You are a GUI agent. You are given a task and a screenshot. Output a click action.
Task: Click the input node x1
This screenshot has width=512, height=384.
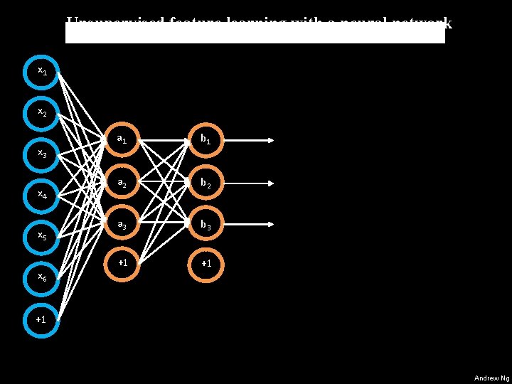tap(42, 71)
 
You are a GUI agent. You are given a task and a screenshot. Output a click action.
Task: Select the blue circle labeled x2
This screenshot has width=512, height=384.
tap(42, 112)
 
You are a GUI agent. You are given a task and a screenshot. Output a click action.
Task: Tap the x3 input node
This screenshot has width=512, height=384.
tap(42, 153)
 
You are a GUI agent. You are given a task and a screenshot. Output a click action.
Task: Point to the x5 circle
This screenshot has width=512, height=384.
tap(42, 235)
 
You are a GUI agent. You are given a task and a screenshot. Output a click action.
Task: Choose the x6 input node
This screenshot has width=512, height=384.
tap(42, 276)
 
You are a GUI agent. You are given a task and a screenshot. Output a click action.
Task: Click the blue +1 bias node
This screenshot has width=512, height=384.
tap(42, 319)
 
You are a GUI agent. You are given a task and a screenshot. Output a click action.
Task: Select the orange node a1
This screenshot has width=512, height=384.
tap(122, 140)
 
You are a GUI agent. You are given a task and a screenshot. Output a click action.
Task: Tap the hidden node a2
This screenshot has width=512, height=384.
tap(122, 183)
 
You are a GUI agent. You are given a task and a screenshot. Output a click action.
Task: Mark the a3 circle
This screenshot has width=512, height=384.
tap(122, 225)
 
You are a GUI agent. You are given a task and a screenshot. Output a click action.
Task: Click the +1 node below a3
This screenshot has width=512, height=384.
tap(122, 263)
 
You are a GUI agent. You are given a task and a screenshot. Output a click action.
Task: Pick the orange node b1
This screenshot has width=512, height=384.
tap(206, 140)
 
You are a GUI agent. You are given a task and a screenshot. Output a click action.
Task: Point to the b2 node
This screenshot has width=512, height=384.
tap(206, 183)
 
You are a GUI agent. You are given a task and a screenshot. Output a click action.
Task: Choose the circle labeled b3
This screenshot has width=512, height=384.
tap(206, 225)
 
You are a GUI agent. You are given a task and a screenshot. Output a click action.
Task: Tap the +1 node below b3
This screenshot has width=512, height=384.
tap(206, 263)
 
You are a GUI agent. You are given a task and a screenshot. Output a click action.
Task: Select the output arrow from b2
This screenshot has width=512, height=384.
tap(249, 183)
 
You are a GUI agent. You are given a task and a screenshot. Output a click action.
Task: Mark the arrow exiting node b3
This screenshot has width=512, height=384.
tap(249, 225)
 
